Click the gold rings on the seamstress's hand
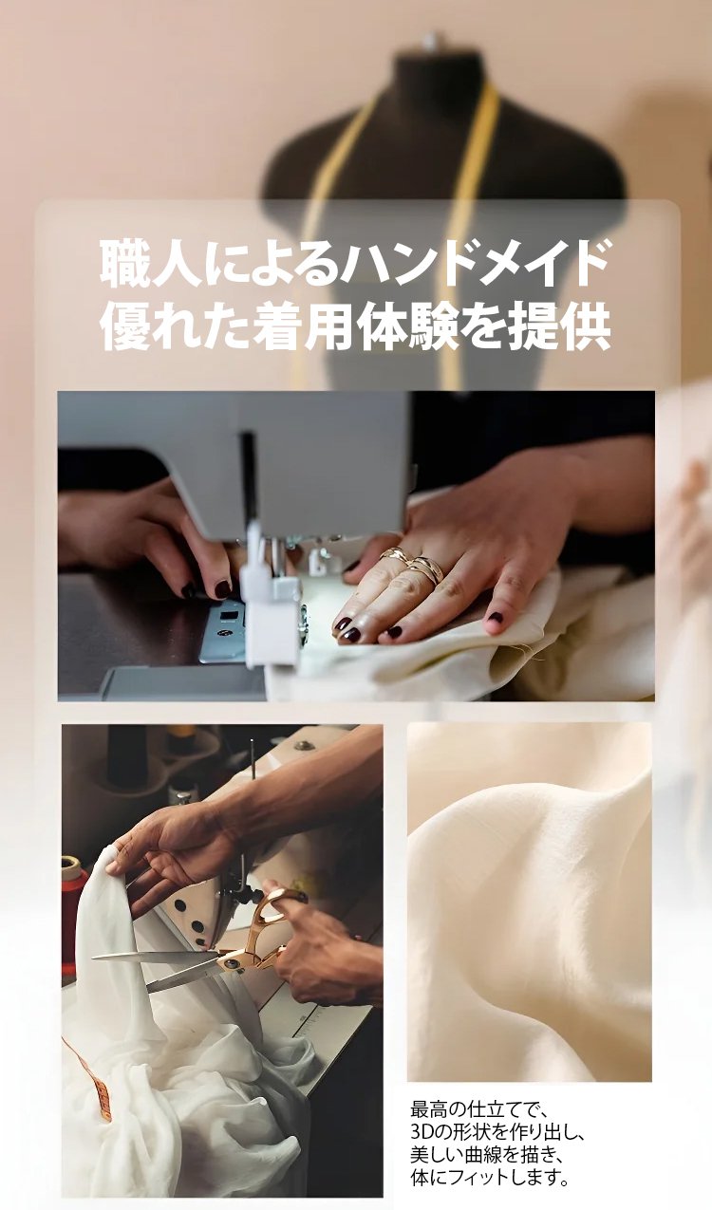click(x=414, y=564)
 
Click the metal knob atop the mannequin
click(x=429, y=41)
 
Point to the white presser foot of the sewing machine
click(x=269, y=594)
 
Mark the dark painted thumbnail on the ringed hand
click(x=496, y=617)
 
